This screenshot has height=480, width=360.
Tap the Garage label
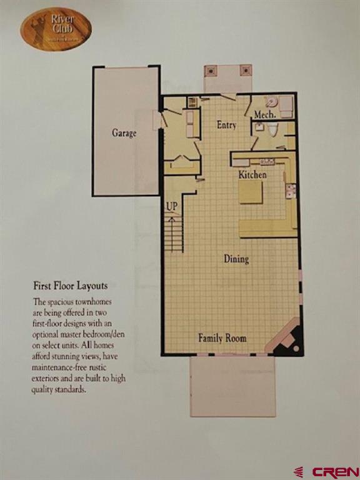coord(124,132)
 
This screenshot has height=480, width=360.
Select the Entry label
coord(226,125)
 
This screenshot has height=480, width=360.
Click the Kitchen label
coord(252,175)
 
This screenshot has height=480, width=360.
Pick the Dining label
coord(236,259)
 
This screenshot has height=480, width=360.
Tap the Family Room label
coord(222,338)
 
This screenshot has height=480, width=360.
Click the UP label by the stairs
coord(172,205)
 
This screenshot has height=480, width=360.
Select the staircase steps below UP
coord(174,232)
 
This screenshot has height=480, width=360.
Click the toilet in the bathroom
coord(272,129)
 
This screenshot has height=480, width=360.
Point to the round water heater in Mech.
coord(271,102)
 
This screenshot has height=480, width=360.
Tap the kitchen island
coord(251,192)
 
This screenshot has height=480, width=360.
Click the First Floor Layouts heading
coord(70,286)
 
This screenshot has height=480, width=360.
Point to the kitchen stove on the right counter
coord(290,191)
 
